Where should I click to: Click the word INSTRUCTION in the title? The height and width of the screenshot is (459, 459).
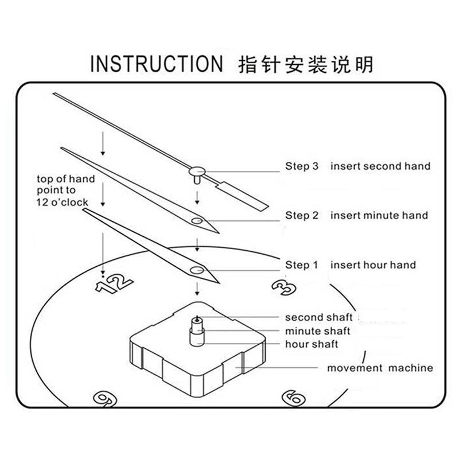point(156,64)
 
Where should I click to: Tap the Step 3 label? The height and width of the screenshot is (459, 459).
point(302,166)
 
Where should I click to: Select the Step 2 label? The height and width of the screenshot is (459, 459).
point(302,216)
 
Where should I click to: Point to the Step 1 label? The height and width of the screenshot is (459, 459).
point(302,265)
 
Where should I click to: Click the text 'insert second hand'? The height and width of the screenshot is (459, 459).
point(380,166)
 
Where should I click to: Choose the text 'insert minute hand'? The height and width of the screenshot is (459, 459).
point(379,216)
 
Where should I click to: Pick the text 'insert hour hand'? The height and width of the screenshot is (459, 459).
point(374,265)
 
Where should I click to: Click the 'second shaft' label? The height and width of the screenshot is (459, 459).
point(319,317)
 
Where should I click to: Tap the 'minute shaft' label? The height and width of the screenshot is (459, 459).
point(318,331)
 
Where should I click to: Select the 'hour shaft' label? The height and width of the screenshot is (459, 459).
point(312,344)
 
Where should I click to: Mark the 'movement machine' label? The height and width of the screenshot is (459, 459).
point(380,368)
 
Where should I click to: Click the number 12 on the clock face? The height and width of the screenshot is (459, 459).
point(114,283)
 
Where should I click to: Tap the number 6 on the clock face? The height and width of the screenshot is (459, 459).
point(294,398)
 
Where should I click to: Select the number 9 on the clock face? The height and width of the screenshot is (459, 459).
point(105,399)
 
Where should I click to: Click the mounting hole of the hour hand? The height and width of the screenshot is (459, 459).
point(197,270)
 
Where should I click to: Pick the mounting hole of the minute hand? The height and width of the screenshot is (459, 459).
point(197,220)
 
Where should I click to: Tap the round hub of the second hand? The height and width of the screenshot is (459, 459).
point(197,171)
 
